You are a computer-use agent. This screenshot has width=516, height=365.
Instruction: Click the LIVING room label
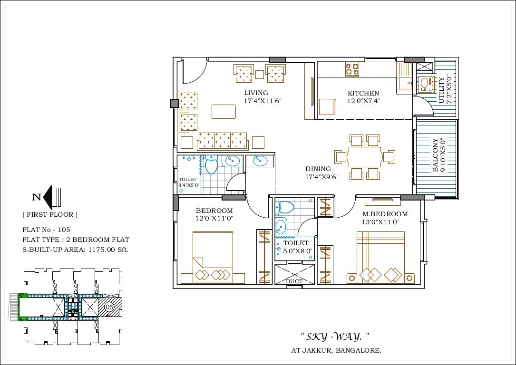(x=256, y=93)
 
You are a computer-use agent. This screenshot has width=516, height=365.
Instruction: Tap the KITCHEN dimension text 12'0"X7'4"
(x=363, y=101)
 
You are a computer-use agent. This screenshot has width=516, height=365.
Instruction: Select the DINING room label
(x=318, y=169)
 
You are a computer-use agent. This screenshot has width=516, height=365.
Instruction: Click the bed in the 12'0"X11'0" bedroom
(x=213, y=257)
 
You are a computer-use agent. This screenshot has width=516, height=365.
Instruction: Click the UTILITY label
(x=442, y=90)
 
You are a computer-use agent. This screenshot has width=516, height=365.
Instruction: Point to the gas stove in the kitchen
(x=352, y=69)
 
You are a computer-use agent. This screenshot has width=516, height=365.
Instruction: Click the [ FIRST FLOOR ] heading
(x=50, y=214)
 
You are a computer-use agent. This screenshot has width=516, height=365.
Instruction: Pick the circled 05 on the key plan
(x=108, y=307)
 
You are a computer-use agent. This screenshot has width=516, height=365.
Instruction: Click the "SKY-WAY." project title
(x=335, y=336)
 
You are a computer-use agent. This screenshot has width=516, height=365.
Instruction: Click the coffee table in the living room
(x=224, y=111)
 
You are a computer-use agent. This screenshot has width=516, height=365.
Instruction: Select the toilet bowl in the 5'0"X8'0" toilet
(x=285, y=207)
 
